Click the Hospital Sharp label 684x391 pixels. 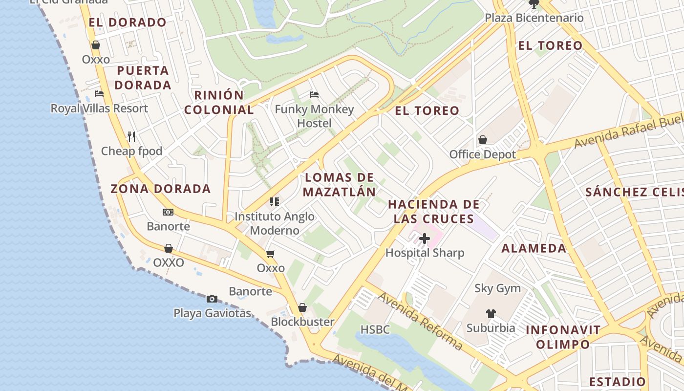point(425,253)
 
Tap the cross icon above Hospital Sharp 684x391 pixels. point(425,239)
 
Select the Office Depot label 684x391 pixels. point(482,154)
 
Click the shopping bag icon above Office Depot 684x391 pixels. point(483,140)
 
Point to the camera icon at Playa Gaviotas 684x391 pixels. point(212,299)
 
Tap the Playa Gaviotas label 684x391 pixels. point(212,313)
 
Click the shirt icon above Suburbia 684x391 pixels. point(491,314)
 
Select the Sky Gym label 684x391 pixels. point(497,288)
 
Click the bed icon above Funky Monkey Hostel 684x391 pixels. point(314,94)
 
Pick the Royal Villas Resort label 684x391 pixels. point(99,108)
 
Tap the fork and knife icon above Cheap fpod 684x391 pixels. point(131,136)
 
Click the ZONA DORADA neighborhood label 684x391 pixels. point(161,189)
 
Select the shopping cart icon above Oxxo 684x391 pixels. point(271,254)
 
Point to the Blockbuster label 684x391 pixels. point(302,322)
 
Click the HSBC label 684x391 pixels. point(375,329)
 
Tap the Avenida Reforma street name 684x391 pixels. point(420,321)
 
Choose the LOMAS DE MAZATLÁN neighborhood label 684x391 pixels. point(340,184)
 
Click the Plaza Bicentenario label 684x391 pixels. point(534,18)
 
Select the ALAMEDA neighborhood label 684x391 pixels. point(534,248)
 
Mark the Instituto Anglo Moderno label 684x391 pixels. point(275,223)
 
